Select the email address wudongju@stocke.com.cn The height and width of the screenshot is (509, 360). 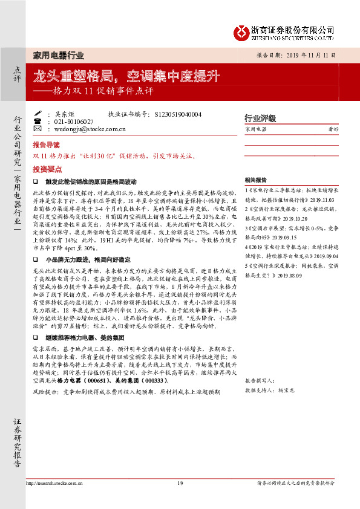coord(90,129)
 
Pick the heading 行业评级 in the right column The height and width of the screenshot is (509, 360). coord(260,118)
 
